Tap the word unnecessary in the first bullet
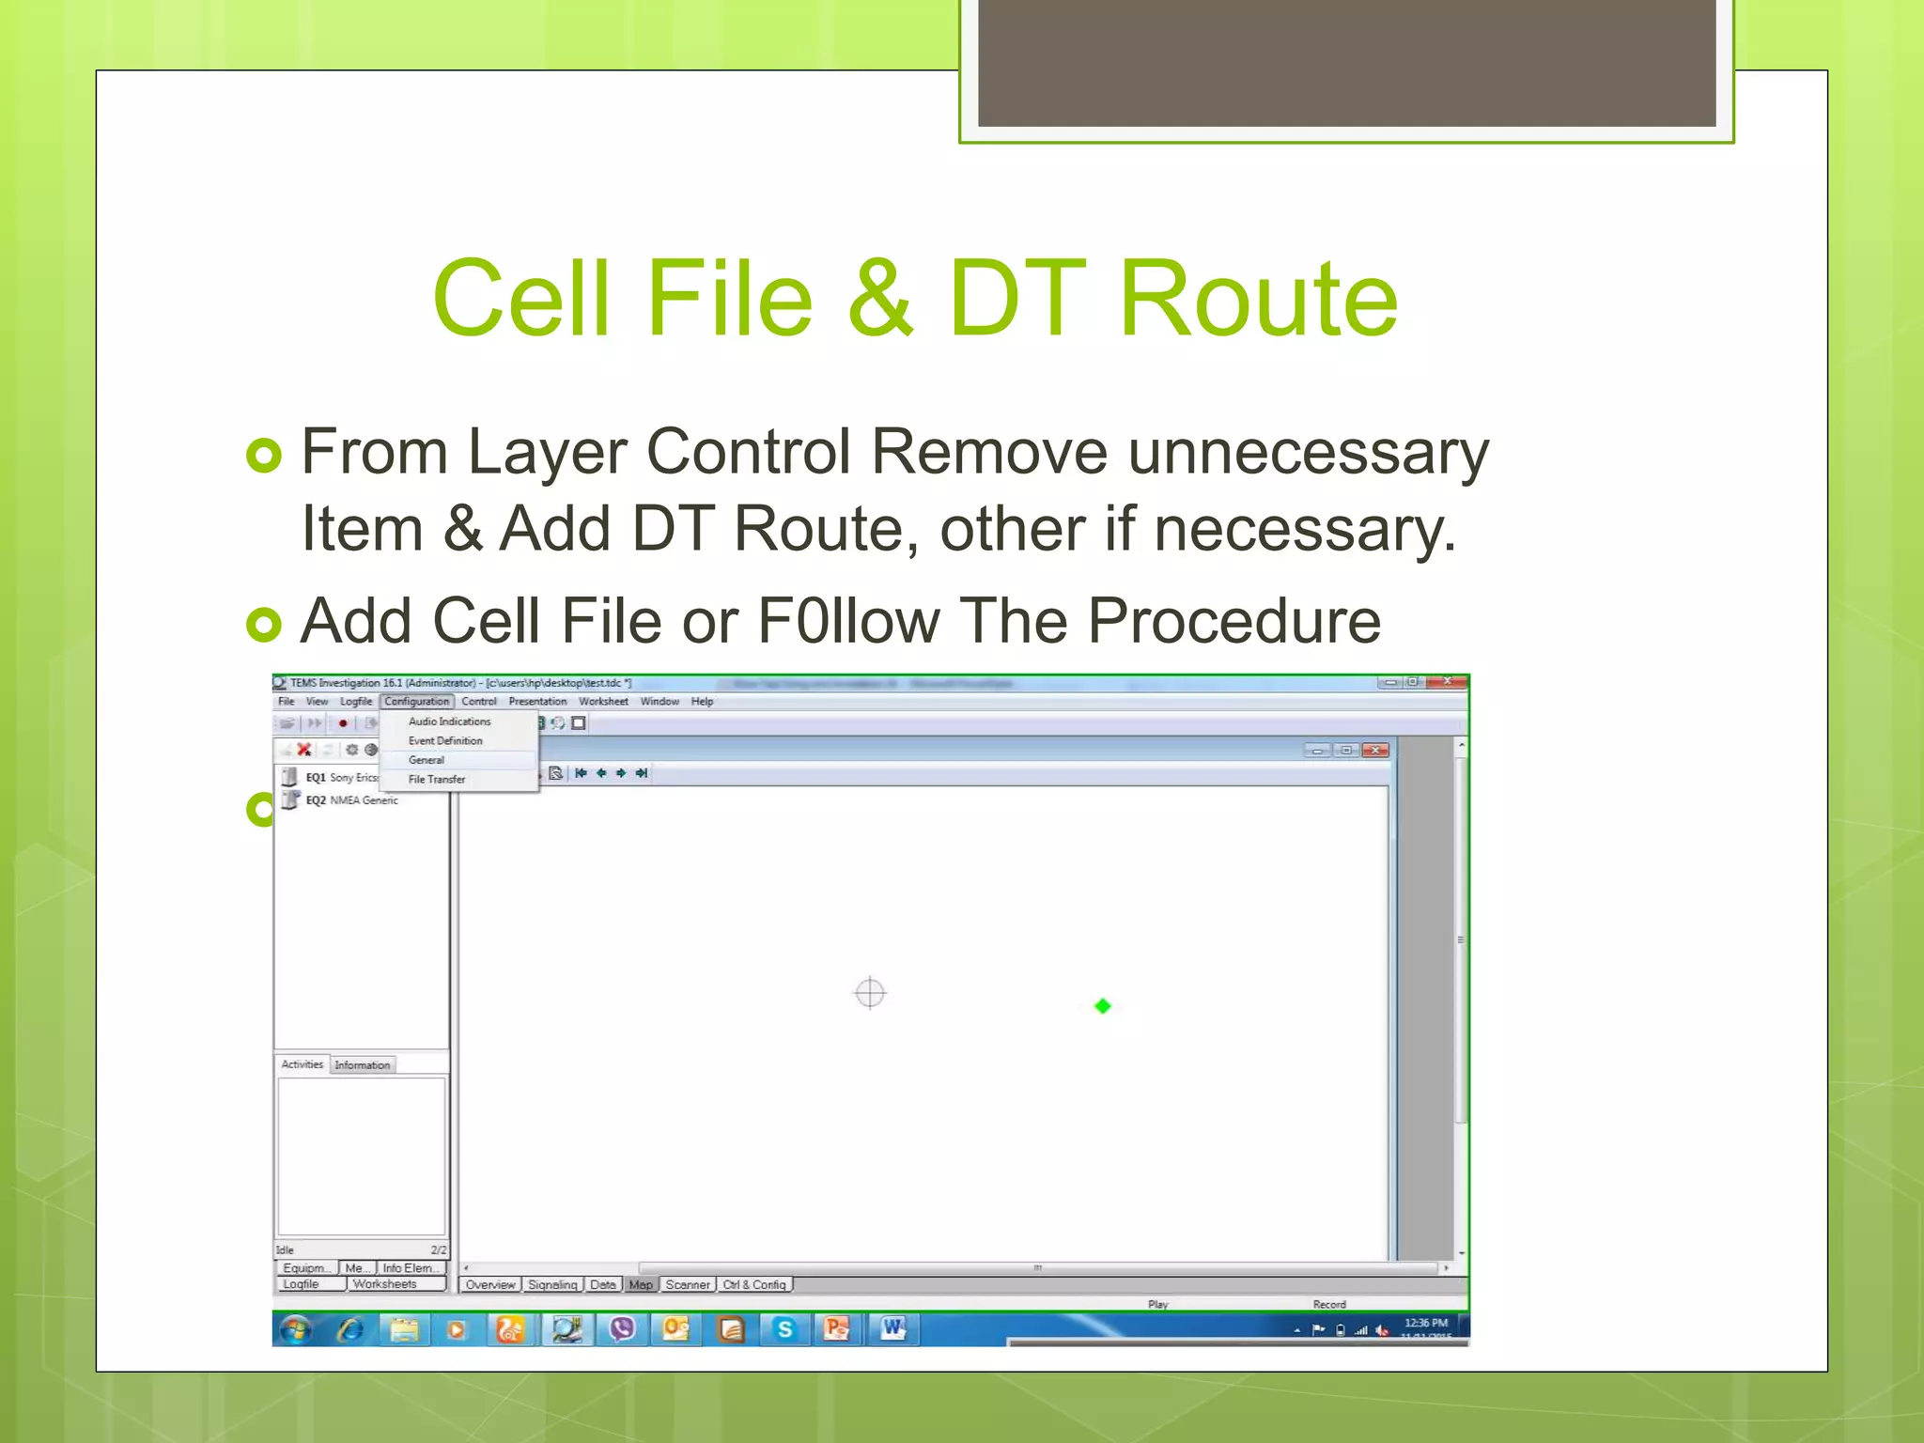tap(1308, 453)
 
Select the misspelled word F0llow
tap(848, 621)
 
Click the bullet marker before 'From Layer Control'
tap(263, 456)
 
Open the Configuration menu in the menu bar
tap(416, 702)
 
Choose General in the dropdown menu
tap(427, 760)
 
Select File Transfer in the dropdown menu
tap(437, 780)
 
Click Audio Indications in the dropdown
tap(449, 721)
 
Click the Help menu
tap(702, 702)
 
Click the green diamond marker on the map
tap(1103, 1006)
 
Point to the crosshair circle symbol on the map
tap(870, 993)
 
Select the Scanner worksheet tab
tap(688, 1284)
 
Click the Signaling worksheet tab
tap(551, 1284)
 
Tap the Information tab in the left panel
tap(362, 1065)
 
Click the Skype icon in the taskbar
tap(784, 1329)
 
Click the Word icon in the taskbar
tap(892, 1329)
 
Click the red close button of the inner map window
tap(1375, 751)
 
